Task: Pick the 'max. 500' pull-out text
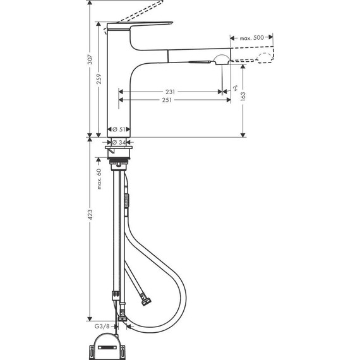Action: click(x=252, y=39)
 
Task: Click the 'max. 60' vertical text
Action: click(x=99, y=179)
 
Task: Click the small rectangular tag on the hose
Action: click(x=125, y=201)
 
